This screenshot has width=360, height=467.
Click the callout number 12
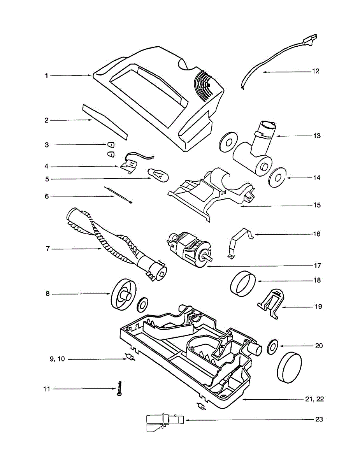click(x=315, y=71)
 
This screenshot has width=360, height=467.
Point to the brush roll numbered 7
click(x=117, y=243)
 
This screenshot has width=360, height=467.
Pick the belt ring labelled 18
click(x=243, y=284)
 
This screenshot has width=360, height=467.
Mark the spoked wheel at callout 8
click(x=124, y=295)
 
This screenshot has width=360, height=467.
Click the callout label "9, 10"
click(x=57, y=359)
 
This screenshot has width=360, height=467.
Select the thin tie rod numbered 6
click(x=118, y=195)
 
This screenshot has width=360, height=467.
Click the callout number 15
click(x=317, y=205)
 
